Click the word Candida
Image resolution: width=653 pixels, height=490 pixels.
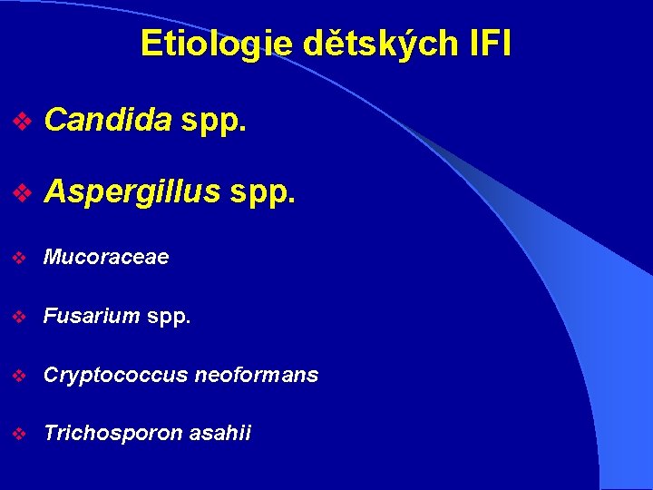[107, 119]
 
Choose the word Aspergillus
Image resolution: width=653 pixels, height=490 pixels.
[132, 191]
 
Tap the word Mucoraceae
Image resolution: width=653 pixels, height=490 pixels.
[106, 258]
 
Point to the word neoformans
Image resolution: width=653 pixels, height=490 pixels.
[255, 375]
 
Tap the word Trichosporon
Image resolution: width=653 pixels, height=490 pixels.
[112, 434]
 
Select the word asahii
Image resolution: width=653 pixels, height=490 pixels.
[219, 434]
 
